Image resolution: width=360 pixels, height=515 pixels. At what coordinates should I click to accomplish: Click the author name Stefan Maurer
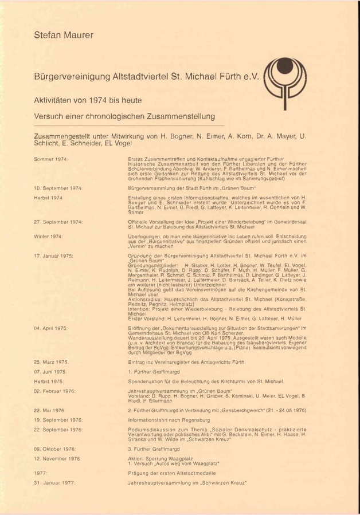[64, 36]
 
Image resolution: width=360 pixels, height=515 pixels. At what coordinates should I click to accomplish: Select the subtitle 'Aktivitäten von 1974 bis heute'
[91, 100]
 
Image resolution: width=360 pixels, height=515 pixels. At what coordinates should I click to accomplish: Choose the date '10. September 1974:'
[58, 188]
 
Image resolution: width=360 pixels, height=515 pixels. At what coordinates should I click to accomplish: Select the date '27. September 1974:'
[58, 221]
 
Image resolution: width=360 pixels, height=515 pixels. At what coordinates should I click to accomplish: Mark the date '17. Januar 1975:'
[54, 254]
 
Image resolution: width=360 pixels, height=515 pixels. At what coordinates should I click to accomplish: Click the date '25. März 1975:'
[51, 363]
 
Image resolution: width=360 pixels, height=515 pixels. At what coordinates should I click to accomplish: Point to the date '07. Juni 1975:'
[51, 372]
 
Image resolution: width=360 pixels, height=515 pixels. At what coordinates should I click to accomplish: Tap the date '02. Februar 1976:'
[56, 391]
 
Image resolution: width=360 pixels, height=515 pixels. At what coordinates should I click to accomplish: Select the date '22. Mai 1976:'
[49, 410]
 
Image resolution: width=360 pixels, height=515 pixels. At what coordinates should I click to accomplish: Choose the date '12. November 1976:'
[57, 458]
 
